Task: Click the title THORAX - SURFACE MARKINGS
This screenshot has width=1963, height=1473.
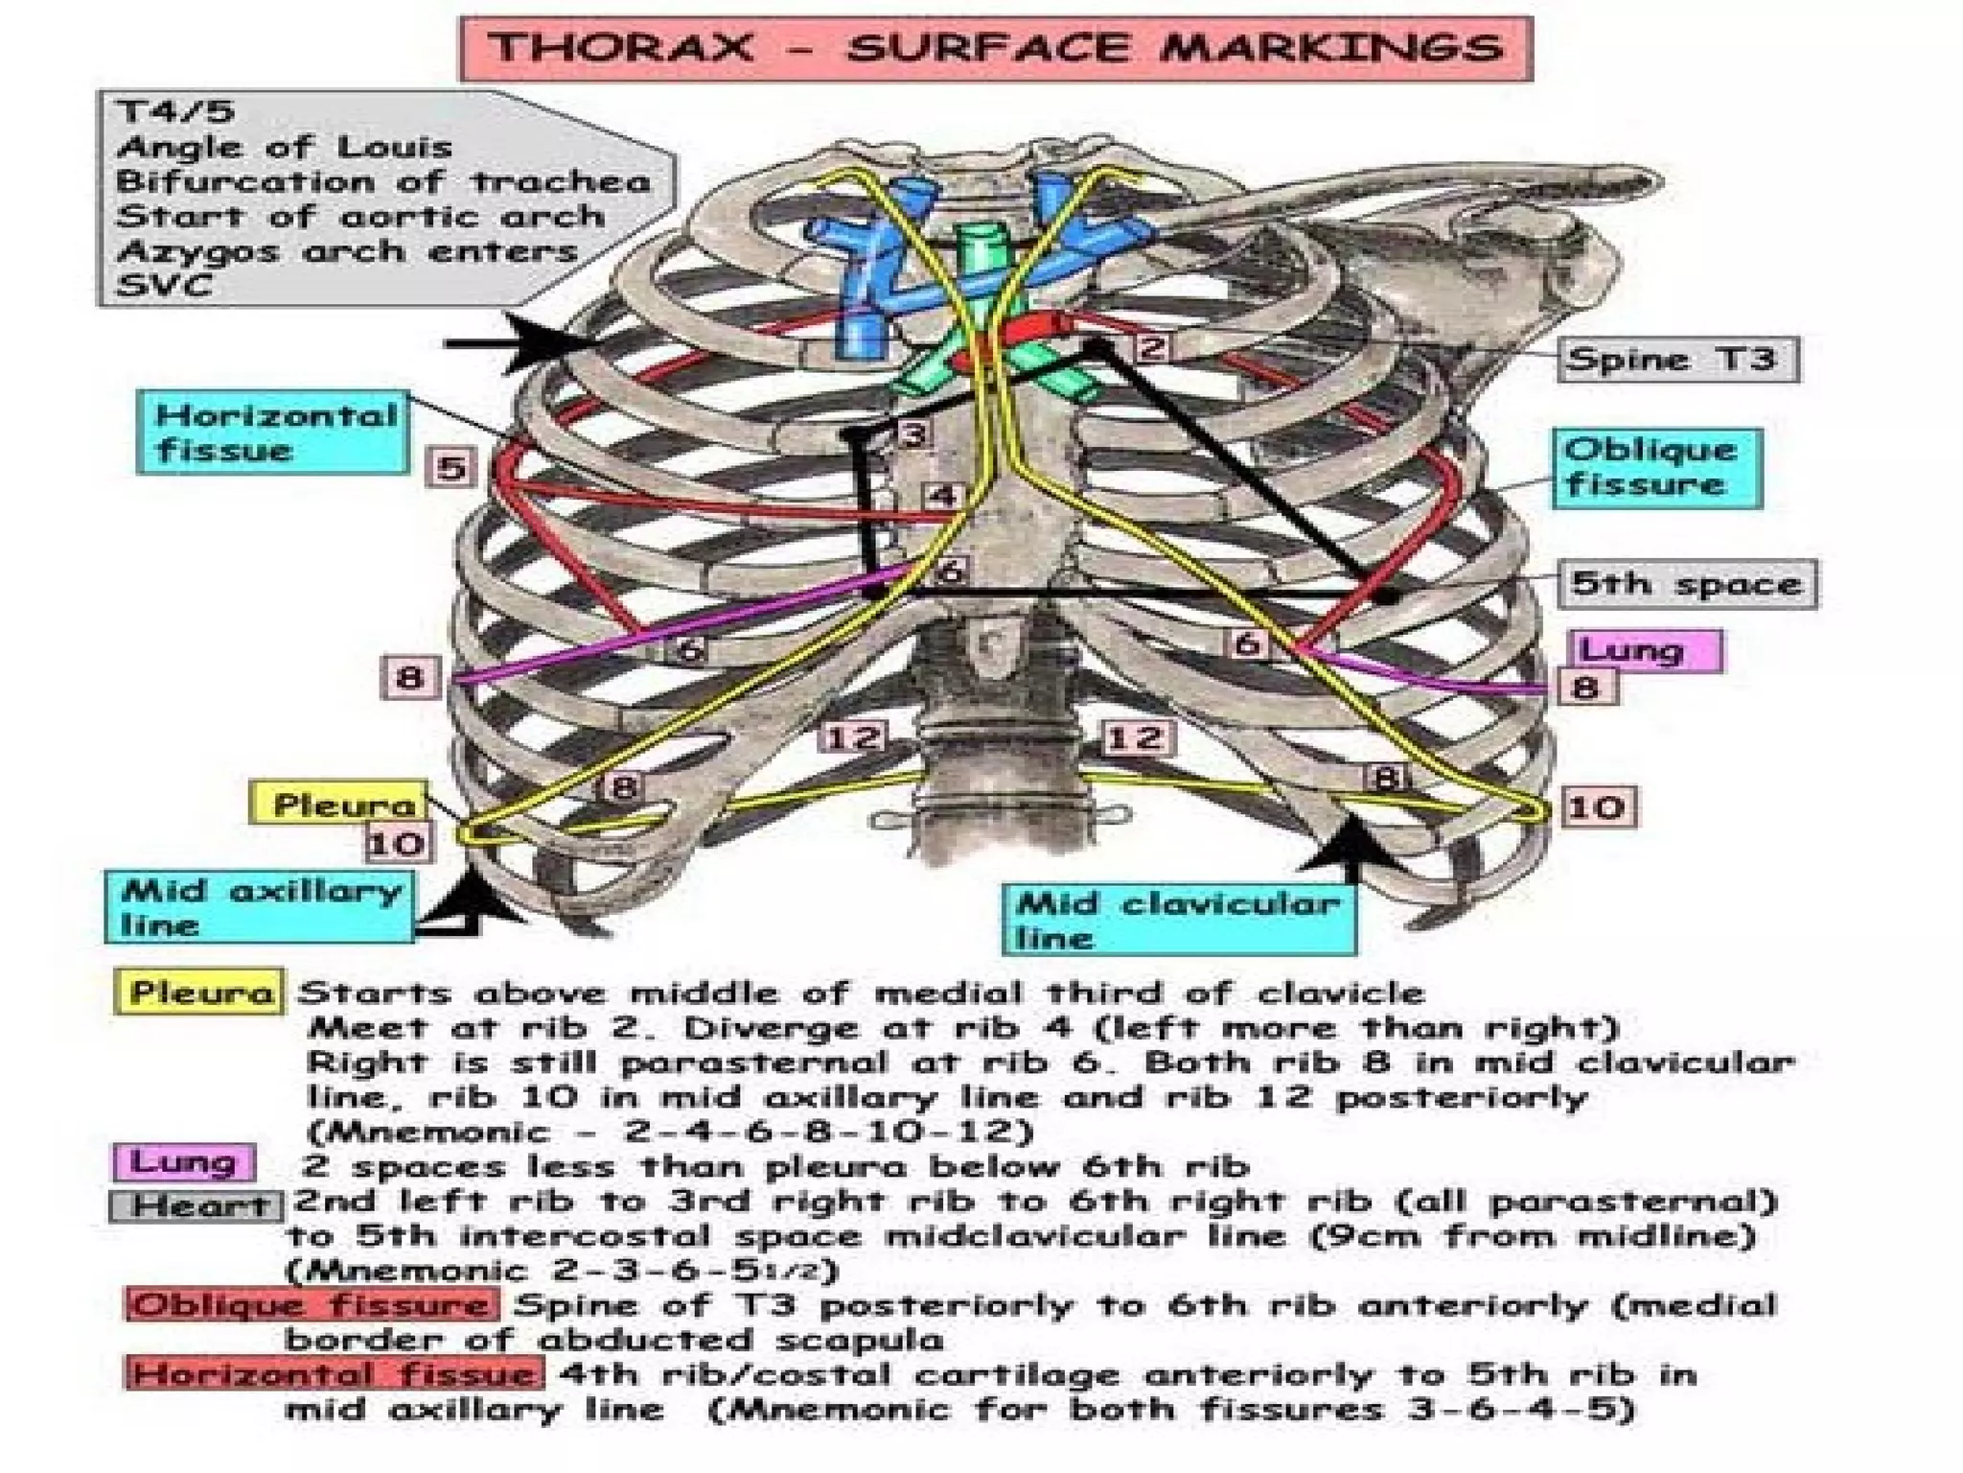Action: pyautogui.click(x=996, y=48)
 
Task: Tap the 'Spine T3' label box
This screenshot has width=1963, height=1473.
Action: pyautogui.click(x=1676, y=360)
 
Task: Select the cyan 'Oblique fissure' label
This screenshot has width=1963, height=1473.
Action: pyautogui.click(x=1656, y=468)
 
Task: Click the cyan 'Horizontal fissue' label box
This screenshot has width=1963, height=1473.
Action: pyautogui.click(x=274, y=433)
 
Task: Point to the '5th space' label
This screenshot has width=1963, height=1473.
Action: pyautogui.click(x=1686, y=583)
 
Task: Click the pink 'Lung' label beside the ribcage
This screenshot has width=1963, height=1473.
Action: pyautogui.click(x=1645, y=650)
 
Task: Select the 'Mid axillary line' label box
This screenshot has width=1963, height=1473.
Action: pyautogui.click(x=260, y=907)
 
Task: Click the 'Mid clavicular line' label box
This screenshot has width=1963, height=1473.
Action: pyautogui.click(x=1179, y=920)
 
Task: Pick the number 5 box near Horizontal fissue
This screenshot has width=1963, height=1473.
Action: pyautogui.click(x=451, y=468)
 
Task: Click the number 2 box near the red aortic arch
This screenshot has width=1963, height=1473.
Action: pyautogui.click(x=1153, y=346)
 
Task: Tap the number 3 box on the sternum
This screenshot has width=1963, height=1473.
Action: pyautogui.click(x=913, y=434)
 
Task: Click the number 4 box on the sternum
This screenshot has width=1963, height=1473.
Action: pyautogui.click(x=943, y=497)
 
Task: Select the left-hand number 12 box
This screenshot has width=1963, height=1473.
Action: pyautogui.click(x=853, y=737)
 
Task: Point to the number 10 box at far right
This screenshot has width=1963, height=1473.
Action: pyautogui.click(x=1597, y=807)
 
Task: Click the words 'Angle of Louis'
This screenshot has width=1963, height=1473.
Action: pyautogui.click(x=284, y=147)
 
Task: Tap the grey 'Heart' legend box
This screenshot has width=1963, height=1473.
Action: pyautogui.click(x=197, y=1205)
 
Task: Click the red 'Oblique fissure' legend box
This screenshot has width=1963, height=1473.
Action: pyautogui.click(x=312, y=1305)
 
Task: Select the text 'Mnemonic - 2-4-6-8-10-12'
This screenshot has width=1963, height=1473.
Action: pyautogui.click(x=670, y=1132)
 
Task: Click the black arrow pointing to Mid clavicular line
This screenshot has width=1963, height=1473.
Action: pyautogui.click(x=1351, y=849)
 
